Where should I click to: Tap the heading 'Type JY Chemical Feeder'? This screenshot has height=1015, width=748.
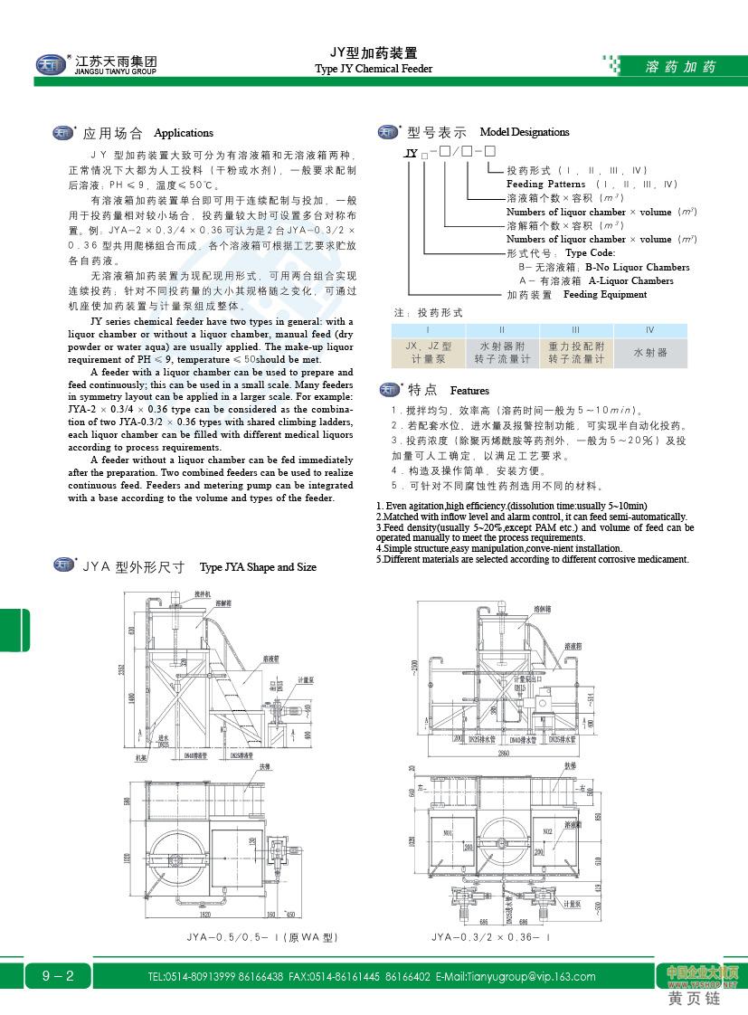(x=374, y=69)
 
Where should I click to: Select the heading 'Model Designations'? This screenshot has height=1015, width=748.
(x=525, y=132)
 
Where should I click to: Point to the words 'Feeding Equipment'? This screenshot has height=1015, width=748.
(x=605, y=294)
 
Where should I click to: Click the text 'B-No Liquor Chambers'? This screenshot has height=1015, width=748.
(x=637, y=267)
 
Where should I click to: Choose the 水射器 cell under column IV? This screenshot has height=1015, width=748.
(x=650, y=352)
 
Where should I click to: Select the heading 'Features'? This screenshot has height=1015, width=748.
(x=469, y=391)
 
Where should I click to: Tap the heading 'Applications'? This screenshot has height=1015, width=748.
(x=184, y=133)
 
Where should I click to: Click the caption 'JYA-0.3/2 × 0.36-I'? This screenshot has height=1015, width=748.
(x=490, y=937)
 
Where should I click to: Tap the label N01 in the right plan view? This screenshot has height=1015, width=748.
(x=448, y=833)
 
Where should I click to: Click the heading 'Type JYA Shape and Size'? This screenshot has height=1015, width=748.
(x=258, y=567)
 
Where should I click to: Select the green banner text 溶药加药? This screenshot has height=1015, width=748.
(x=680, y=67)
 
